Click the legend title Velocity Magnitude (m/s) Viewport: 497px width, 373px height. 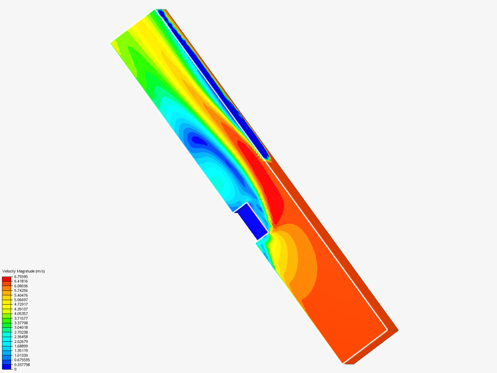(x=23, y=271)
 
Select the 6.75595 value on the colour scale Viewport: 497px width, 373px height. (x=21, y=277)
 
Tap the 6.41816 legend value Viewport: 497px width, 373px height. (x=21, y=281)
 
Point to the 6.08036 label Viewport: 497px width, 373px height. (x=21, y=286)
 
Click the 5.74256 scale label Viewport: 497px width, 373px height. (x=21, y=290)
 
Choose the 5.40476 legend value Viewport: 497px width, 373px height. (x=21, y=295)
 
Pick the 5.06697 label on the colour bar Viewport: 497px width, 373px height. (x=21, y=300)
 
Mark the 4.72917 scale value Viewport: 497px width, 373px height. (x=21, y=304)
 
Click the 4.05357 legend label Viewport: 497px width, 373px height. (x=21, y=314)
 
